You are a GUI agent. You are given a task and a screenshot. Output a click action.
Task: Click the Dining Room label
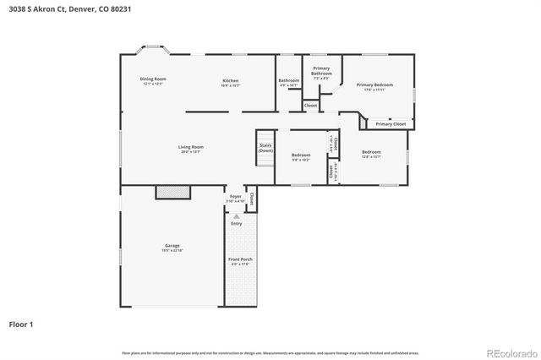pyautogui.click(x=153, y=79)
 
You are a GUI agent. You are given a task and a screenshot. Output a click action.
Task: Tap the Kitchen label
pyautogui.click(x=230, y=80)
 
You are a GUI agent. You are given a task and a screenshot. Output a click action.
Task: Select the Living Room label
pyautogui.click(x=190, y=147)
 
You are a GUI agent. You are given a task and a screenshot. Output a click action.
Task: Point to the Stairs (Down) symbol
pyautogui.click(x=265, y=146)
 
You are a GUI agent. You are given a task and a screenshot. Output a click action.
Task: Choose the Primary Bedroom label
pyautogui.click(x=374, y=85)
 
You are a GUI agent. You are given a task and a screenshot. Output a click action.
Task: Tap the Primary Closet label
pyautogui.click(x=391, y=124)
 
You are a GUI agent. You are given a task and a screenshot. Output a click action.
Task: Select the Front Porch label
pyautogui.click(x=238, y=259)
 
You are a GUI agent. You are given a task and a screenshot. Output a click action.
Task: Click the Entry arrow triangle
pyautogui.click(x=236, y=216)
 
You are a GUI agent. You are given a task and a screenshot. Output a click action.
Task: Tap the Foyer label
pyautogui.click(x=236, y=196)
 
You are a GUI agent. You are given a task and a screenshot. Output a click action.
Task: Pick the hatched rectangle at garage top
pyautogui.click(x=173, y=193)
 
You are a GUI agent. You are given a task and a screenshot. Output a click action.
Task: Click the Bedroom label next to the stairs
pyautogui.click(x=301, y=155)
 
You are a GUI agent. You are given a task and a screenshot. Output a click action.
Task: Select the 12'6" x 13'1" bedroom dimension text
pyautogui.click(x=371, y=157)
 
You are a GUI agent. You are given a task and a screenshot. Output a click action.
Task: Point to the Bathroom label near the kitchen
pyautogui.click(x=289, y=81)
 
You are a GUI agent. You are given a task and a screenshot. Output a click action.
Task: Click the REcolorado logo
pyautogui.click(x=510, y=352)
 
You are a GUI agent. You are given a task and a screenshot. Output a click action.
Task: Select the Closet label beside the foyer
pyautogui.click(x=251, y=201)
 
